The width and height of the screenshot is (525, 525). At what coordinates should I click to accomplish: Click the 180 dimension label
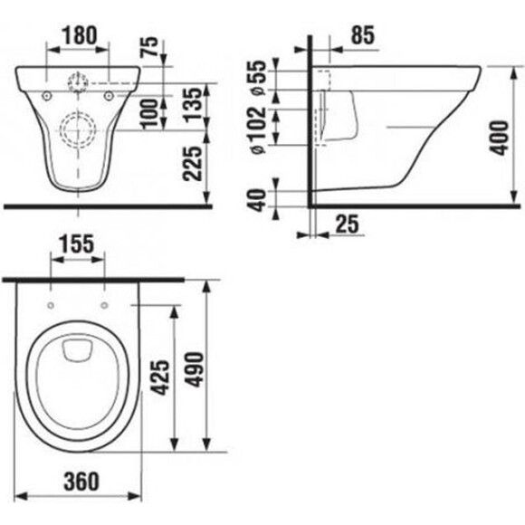click(80, 35)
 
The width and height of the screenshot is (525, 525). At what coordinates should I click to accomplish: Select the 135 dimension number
click(193, 104)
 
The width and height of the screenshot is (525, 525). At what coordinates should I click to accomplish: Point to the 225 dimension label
click(193, 164)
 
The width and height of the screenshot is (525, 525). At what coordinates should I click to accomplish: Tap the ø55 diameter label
click(259, 78)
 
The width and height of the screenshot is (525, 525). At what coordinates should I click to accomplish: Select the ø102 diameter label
click(259, 130)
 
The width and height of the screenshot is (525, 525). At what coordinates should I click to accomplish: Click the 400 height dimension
click(500, 138)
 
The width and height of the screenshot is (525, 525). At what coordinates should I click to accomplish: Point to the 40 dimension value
click(258, 200)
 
